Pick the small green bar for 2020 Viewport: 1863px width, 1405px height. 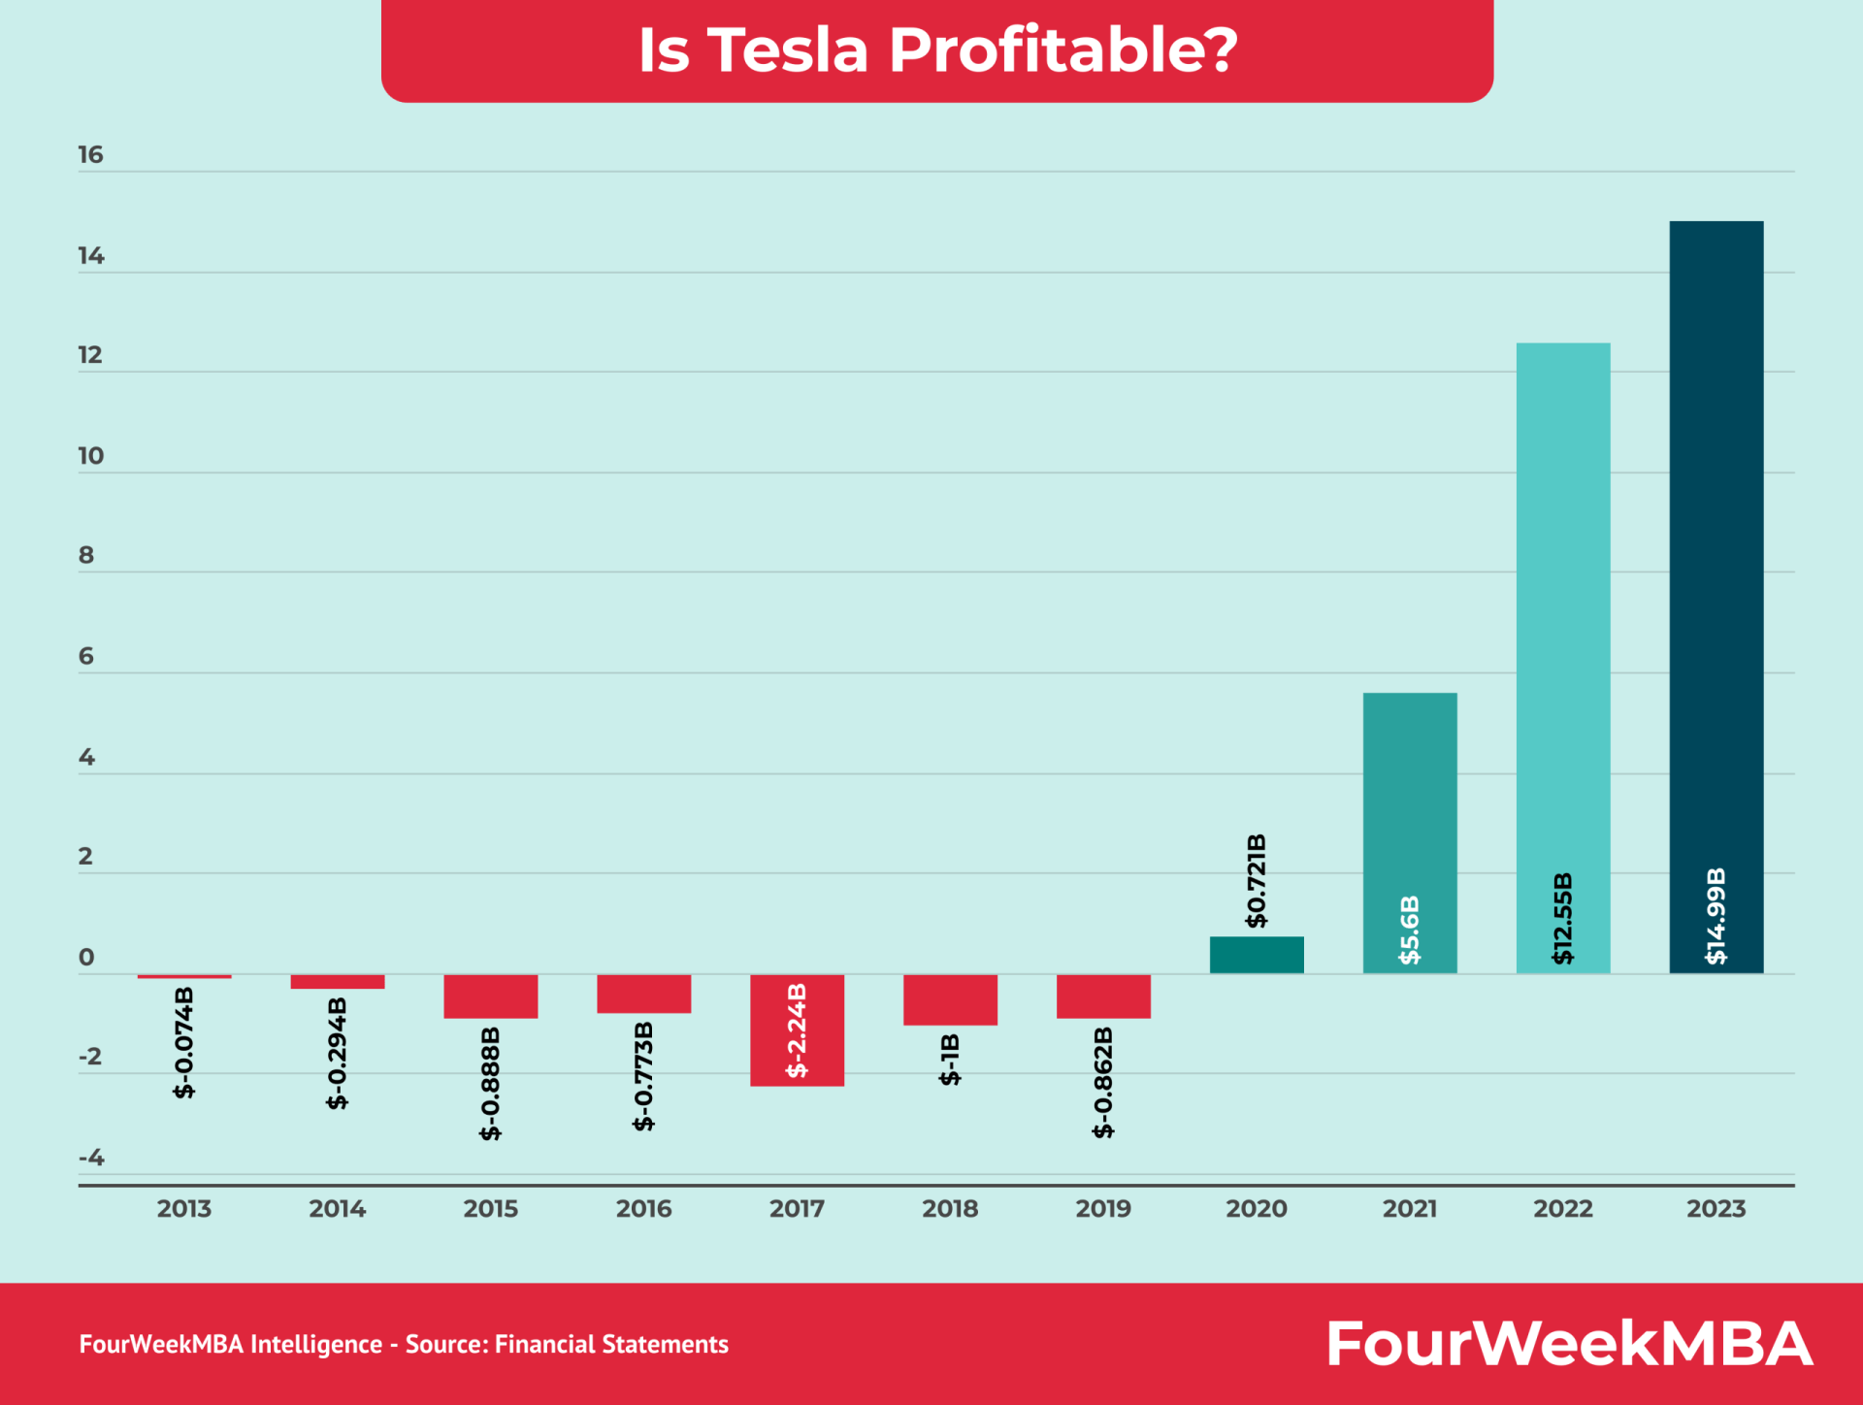click(x=1256, y=955)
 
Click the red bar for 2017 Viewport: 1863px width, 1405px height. click(x=797, y=1029)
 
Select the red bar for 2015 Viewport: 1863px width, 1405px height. click(x=490, y=997)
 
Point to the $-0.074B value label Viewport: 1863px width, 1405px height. click(x=184, y=1042)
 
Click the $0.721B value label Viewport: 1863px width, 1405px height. click(x=1257, y=880)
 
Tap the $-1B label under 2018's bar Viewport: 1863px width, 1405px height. click(x=950, y=1060)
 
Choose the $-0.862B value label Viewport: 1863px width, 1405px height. click(x=1103, y=1082)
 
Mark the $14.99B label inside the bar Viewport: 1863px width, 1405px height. click(x=1716, y=916)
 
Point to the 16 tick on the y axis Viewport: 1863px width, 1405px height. click(x=90, y=155)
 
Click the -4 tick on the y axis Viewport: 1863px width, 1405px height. click(x=90, y=1158)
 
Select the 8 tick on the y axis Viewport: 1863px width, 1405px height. click(x=87, y=555)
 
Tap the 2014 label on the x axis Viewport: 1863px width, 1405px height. click(x=337, y=1209)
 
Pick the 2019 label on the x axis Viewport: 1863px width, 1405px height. click(x=1103, y=1209)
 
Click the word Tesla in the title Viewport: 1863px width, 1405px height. click(x=787, y=49)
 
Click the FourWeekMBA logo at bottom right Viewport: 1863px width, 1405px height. click(x=1568, y=1344)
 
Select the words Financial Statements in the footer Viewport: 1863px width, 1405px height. click(x=611, y=1344)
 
